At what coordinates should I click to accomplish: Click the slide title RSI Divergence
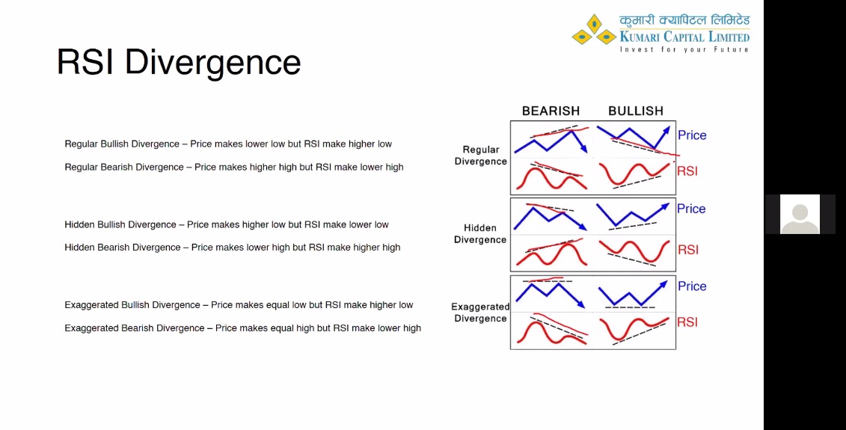tap(179, 63)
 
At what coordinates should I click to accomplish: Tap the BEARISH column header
tap(551, 111)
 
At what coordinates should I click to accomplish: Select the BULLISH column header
tap(636, 111)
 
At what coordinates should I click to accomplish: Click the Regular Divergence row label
tap(481, 156)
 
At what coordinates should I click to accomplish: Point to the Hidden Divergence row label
tap(480, 233)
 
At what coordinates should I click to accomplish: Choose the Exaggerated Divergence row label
tap(480, 313)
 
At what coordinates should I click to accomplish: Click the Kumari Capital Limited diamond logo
tap(594, 30)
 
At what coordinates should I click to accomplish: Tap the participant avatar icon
tap(800, 214)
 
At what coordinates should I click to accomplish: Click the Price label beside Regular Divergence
tap(692, 135)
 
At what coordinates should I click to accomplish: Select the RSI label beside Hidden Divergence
tap(688, 249)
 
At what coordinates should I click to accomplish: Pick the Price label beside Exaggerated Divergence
tap(692, 286)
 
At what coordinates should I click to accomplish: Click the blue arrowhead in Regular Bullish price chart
tap(667, 130)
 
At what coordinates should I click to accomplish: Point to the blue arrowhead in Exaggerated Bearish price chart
tap(581, 305)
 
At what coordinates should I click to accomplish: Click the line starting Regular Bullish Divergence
tap(228, 144)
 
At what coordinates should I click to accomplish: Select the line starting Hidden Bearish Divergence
tap(233, 247)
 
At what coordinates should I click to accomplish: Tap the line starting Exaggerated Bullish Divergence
tap(239, 305)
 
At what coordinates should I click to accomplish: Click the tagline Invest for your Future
tap(684, 49)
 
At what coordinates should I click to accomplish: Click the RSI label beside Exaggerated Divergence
tap(687, 322)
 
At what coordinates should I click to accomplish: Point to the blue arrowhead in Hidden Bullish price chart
tap(665, 206)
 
